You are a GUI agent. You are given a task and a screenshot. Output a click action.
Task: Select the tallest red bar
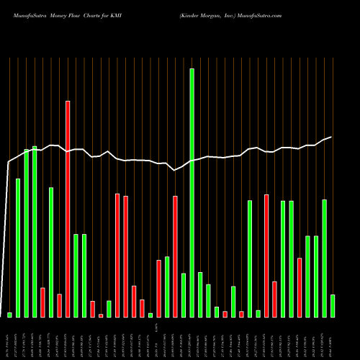pos(68,209)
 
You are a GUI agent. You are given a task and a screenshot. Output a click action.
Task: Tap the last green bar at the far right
pos(333,305)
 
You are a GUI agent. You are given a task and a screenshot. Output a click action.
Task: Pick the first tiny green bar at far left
pos(9,315)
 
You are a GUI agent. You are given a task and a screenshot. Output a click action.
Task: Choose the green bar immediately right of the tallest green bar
pos(200,294)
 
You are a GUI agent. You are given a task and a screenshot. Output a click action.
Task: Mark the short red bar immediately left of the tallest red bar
pos(59,305)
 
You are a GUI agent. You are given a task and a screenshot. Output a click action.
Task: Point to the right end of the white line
pos(331,137)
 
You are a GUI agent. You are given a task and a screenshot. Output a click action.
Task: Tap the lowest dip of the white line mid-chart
pos(175,170)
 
